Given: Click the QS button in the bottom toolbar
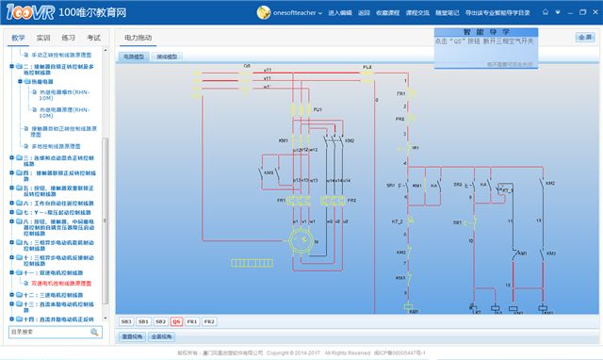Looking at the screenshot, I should tap(176, 321).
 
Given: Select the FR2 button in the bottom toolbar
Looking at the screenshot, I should tap(208, 321).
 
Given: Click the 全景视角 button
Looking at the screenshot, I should tap(161, 335).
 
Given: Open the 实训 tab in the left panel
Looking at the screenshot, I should tap(43, 38).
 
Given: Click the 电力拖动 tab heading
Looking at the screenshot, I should tap(138, 38).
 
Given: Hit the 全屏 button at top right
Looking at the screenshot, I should tap(584, 38).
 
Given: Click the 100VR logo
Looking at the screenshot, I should tap(26, 13).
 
